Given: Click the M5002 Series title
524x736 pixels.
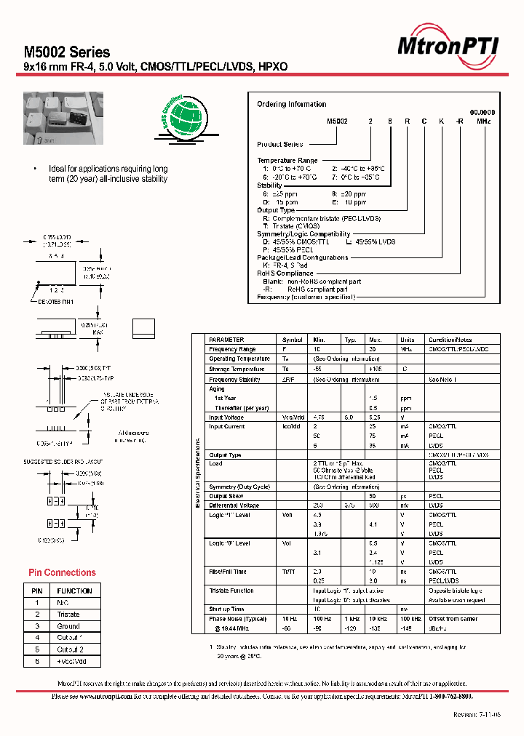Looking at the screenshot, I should pyautogui.click(x=67, y=52).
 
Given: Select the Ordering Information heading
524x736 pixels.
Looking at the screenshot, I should pyautogui.click(x=291, y=105).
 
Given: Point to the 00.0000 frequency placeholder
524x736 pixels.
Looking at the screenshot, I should pyautogui.click(x=483, y=112).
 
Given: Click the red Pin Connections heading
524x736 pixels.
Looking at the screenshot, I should pyautogui.click(x=62, y=572).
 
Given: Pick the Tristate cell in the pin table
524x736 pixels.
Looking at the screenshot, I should pyautogui.click(x=68, y=615).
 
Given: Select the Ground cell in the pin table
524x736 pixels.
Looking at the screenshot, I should pyautogui.click(x=68, y=626).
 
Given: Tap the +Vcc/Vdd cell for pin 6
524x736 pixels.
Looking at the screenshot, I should pyautogui.click(x=74, y=661).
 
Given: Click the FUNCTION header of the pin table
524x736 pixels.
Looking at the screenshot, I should pyautogui.click(x=74, y=591).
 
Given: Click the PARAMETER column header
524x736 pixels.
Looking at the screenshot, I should pyautogui.click(x=226, y=340).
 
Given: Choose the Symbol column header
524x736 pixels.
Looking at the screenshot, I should pyautogui.click(x=292, y=340).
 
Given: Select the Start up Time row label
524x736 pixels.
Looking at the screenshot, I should pyautogui.click(x=226, y=609).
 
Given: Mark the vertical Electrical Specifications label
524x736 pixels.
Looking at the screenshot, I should pyautogui.click(x=197, y=473).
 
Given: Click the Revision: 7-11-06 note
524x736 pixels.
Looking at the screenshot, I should pyautogui.click(x=475, y=715).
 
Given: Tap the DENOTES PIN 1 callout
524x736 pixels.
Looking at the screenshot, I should pyautogui.click(x=56, y=301).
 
